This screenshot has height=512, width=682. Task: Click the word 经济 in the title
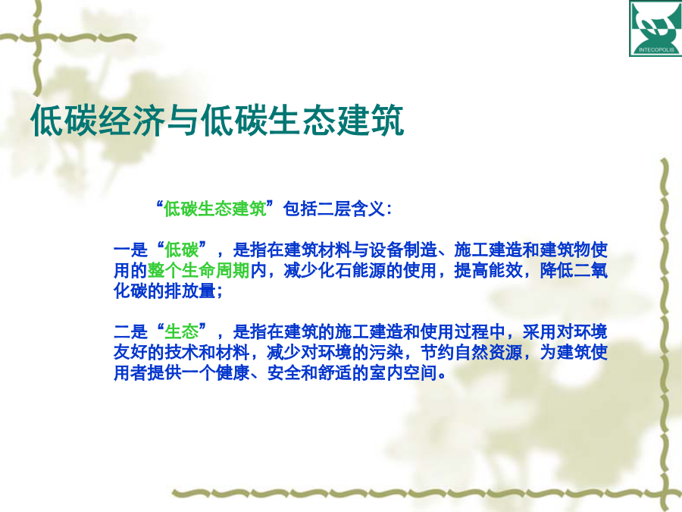pyautogui.click(x=132, y=120)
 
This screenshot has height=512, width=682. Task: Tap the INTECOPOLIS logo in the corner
pyautogui.click(x=655, y=28)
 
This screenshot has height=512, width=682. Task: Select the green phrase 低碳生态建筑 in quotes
pyautogui.click(x=215, y=209)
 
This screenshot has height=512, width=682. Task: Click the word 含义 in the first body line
pyautogui.click(x=368, y=209)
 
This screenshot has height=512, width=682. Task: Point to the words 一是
pyautogui.click(x=130, y=250)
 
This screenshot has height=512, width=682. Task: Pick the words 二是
pyautogui.click(x=130, y=331)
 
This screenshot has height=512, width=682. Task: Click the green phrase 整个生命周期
pyautogui.click(x=199, y=270)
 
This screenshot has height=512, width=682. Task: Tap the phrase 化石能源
pyautogui.click(x=352, y=270)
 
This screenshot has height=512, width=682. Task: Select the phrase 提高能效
pyautogui.click(x=488, y=270)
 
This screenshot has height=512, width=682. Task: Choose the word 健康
pyautogui.click(x=233, y=372)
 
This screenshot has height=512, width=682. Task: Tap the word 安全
pyautogui.click(x=283, y=372)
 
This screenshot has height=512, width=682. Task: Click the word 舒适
pyautogui.click(x=335, y=372)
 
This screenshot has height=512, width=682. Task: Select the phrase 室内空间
pyautogui.click(x=403, y=372)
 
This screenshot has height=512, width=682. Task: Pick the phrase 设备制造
pyautogui.click(x=403, y=250)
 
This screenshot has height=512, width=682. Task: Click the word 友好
pyautogui.click(x=130, y=352)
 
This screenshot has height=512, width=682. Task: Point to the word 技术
pyautogui.click(x=181, y=352)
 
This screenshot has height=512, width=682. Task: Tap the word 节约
pyautogui.click(x=437, y=352)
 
